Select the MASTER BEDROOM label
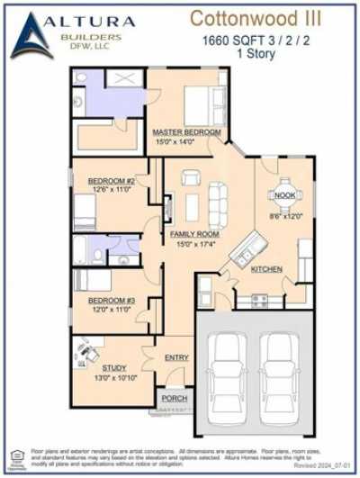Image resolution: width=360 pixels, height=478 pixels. point(186,131)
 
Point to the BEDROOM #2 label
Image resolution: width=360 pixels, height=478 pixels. point(111,181)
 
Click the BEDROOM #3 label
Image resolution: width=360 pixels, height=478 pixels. point(111,300)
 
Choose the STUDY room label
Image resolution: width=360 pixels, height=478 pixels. point(113,368)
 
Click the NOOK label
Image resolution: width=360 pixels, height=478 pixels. point(285,194)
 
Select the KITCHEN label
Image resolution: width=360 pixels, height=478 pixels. point(267,270)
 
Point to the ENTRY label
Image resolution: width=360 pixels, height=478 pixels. point(176,358)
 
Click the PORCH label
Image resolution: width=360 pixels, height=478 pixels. point(174,398)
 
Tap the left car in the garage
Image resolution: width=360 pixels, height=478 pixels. point(230,376)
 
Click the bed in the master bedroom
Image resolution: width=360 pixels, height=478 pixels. point(201,105)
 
